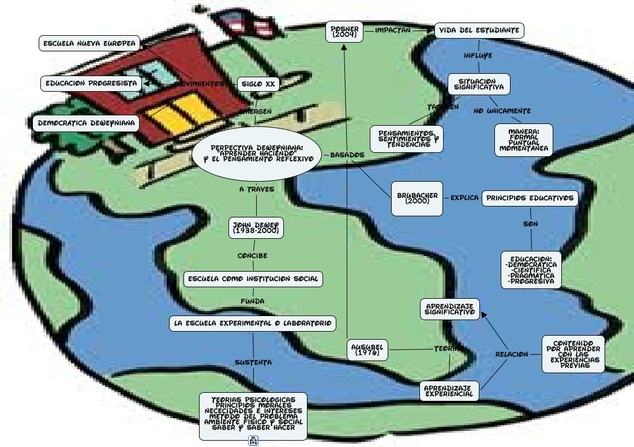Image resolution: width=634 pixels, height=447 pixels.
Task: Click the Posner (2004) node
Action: [344, 32]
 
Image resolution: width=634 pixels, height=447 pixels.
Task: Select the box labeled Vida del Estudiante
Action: [479, 31]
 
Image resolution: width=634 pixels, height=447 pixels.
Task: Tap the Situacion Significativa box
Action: [479, 84]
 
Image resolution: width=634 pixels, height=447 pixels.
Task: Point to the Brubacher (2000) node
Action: [417, 198]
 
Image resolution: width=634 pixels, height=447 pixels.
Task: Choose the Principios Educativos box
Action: [530, 198]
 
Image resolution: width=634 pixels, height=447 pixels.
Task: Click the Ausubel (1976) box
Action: [367, 350]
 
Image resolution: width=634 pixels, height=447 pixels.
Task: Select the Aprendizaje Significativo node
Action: [449, 309]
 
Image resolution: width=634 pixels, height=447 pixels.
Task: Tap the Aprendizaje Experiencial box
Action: [449, 391]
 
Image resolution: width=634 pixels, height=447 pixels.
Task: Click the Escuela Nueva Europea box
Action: [89, 43]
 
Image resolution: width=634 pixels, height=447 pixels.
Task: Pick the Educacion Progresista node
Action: [91, 84]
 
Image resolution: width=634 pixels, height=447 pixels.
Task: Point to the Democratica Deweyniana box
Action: [86, 123]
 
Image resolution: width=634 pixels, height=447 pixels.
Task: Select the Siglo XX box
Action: [258, 84]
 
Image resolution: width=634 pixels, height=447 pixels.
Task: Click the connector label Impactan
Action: [393, 30]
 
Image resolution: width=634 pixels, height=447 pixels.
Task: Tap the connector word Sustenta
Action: [253, 362]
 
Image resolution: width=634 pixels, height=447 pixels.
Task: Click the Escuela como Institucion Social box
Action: [253, 279]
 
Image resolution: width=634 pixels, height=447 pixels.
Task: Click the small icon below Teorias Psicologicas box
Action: [253, 441]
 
